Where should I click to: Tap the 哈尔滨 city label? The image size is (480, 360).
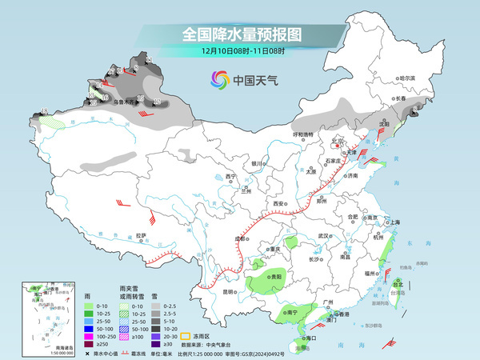(408, 78)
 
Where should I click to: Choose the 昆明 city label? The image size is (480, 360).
(230, 291)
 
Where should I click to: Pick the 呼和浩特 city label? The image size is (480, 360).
(303, 134)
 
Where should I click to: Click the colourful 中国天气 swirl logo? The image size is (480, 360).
(219, 79)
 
